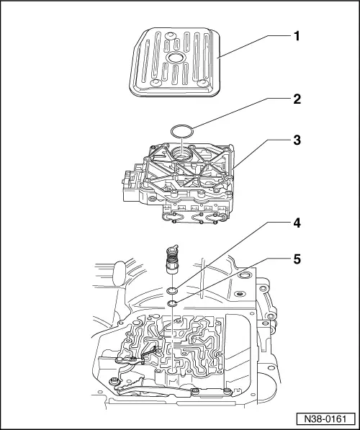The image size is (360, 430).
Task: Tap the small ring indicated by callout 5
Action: (174, 305)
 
